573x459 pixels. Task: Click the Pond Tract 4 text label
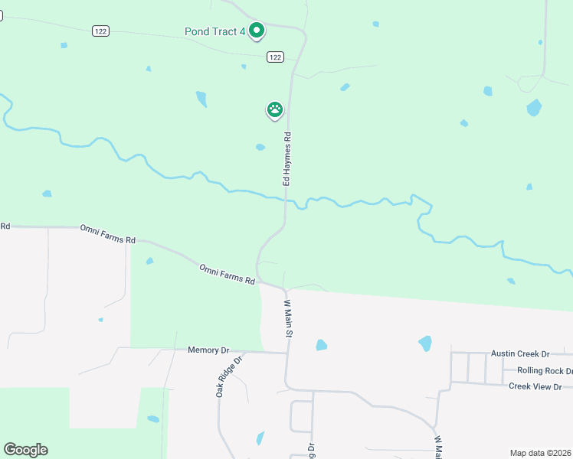coord(214,31)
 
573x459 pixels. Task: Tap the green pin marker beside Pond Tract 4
coord(257,31)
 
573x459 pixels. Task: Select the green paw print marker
coord(275,110)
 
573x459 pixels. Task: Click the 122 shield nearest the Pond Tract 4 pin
coord(276,57)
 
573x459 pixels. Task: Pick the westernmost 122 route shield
coord(100,31)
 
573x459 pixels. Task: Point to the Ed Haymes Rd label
coord(287,159)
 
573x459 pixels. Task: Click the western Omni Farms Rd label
coord(107,234)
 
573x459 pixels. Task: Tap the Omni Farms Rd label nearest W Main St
coord(227,274)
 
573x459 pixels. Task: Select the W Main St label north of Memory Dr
coord(289,318)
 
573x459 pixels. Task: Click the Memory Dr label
coord(208,350)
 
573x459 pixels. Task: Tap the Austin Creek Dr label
coord(520,353)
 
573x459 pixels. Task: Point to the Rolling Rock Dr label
coord(545,370)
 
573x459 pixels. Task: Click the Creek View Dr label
coord(540,386)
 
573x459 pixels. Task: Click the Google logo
coord(25,450)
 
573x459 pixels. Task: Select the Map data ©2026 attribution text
coord(541,452)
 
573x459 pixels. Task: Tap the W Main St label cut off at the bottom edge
coord(438,448)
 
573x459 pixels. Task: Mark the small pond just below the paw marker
coord(260,147)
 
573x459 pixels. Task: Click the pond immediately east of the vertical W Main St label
coord(321,345)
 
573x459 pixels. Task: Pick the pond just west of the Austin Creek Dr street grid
coord(425,343)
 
